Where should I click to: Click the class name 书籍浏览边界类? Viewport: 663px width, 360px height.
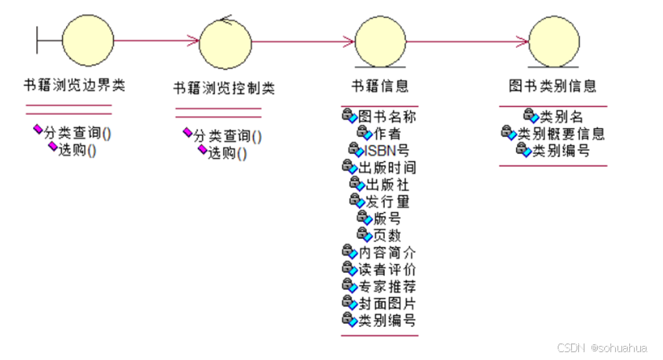[75, 86]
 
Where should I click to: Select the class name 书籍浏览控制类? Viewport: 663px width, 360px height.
[224, 87]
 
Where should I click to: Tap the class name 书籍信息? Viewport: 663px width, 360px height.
[381, 86]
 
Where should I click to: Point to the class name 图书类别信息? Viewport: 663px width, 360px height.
[552, 86]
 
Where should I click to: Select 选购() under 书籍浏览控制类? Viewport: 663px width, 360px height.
[227, 152]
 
